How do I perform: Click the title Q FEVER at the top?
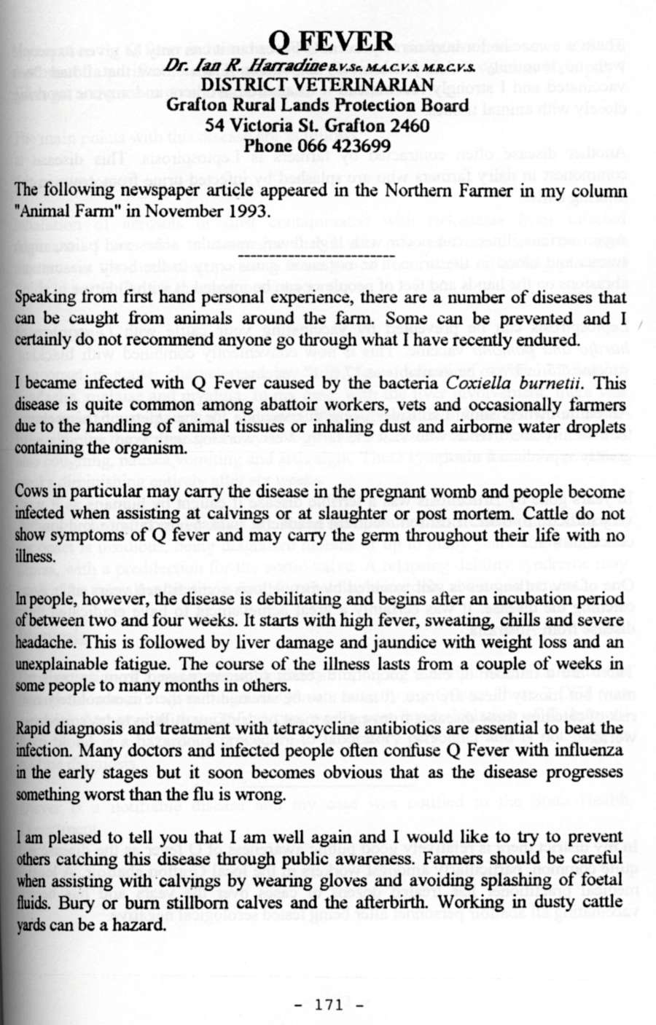tap(331, 40)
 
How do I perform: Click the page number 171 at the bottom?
tap(330, 1005)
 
